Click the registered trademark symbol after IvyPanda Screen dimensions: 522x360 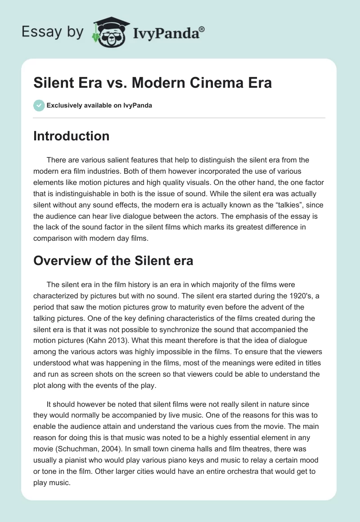[202, 29]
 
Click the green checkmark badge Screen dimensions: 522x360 [39, 105]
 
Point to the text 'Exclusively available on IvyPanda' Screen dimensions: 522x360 [99, 106]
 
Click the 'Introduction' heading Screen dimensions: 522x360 [71, 136]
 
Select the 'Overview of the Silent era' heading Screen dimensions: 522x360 [113, 260]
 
